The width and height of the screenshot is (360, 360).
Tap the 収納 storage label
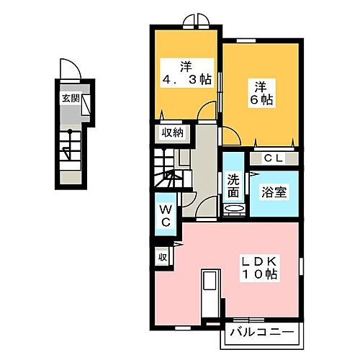(171, 132)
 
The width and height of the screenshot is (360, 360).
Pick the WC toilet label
(164, 215)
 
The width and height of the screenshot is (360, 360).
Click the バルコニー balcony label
(262, 333)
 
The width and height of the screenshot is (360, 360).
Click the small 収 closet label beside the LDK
(163, 256)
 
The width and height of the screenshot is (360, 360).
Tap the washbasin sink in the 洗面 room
(235, 210)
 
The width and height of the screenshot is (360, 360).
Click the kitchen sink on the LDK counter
(210, 284)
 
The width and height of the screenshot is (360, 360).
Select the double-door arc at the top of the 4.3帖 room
(194, 21)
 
